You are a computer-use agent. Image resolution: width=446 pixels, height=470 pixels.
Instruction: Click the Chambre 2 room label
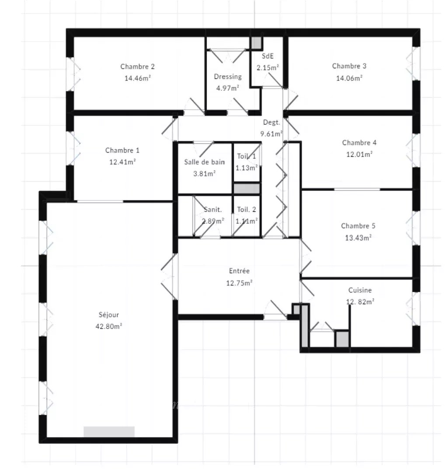point(137,67)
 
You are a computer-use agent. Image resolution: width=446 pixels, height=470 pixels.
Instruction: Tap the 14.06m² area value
point(349,78)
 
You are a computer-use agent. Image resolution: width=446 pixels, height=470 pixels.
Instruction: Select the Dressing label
point(228,77)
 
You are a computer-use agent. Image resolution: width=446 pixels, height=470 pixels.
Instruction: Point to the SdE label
point(268,56)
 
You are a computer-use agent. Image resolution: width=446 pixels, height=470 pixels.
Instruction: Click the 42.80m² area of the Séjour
point(109,326)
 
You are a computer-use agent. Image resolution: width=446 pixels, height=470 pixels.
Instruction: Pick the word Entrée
point(239,271)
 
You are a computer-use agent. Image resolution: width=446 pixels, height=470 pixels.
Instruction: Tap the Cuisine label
point(360,290)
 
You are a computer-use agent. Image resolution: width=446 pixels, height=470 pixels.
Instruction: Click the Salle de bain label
point(204,162)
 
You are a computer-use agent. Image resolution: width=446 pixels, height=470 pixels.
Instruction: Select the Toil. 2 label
point(247,210)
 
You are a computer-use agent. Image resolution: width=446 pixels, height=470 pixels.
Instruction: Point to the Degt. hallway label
point(272,122)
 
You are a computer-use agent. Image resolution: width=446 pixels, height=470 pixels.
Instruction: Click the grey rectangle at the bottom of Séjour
point(109,431)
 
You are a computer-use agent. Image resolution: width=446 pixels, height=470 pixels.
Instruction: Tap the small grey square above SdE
point(256,43)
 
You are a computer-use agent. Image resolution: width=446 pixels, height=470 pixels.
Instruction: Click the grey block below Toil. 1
point(247,189)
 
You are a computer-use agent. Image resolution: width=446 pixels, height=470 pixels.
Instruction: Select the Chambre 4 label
point(359,143)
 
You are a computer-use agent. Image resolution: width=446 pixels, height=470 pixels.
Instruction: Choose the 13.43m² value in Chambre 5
point(358,238)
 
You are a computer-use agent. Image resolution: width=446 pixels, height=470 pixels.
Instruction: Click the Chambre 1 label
point(122,150)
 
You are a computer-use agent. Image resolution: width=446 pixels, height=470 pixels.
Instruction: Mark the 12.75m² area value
point(239,283)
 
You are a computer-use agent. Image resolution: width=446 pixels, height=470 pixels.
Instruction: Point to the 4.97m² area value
point(228,88)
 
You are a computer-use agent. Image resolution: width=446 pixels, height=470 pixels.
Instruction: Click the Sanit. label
point(213,210)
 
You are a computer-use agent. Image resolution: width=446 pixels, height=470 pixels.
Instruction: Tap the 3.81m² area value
point(205,174)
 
